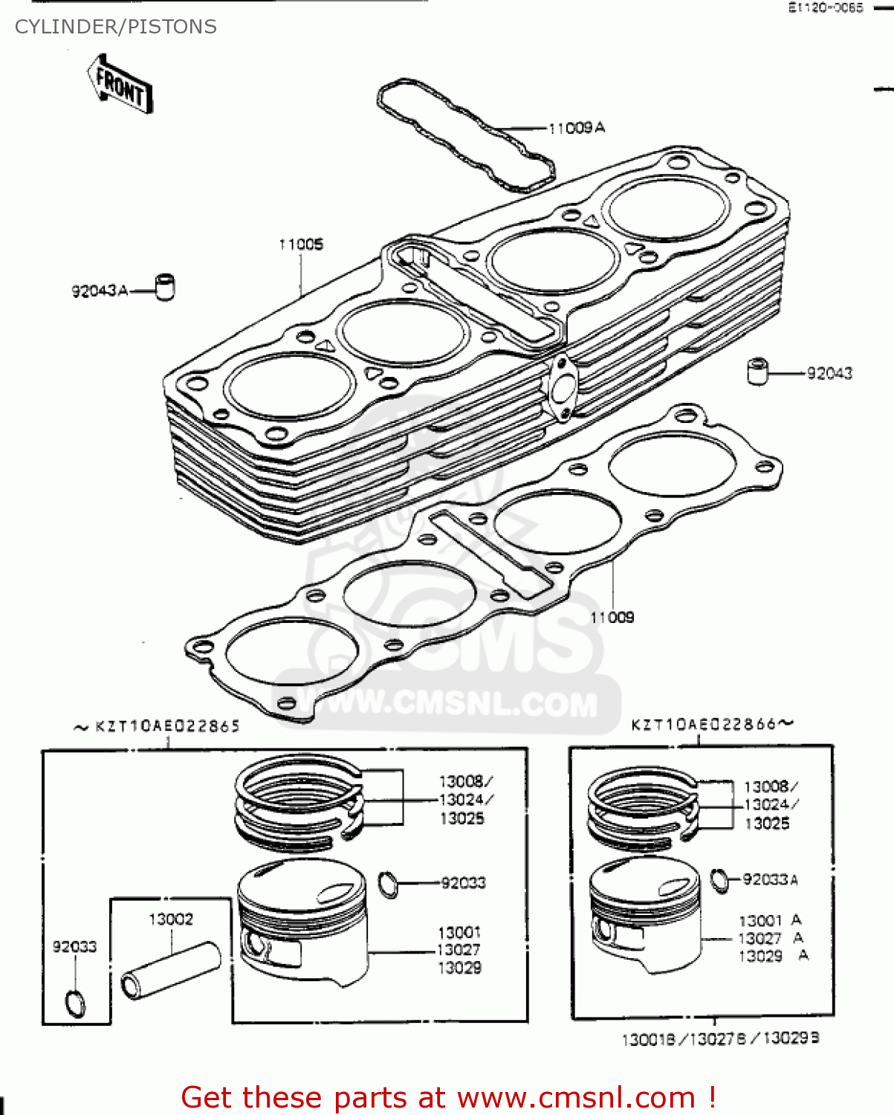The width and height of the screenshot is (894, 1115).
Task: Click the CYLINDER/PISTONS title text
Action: (x=116, y=27)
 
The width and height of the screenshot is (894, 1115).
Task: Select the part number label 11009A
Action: (x=576, y=128)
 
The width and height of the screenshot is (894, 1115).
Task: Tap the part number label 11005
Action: (x=301, y=245)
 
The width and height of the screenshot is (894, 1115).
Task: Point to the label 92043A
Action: (x=100, y=291)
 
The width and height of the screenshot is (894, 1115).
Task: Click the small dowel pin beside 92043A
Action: (x=165, y=286)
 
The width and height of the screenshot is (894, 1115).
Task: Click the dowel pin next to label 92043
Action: (x=757, y=371)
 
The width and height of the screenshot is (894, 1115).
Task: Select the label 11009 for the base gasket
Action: (x=612, y=617)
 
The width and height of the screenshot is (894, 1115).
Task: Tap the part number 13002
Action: (x=171, y=920)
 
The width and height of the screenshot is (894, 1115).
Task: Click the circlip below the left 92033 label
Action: (x=76, y=1003)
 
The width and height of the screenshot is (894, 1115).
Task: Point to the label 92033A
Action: (x=770, y=880)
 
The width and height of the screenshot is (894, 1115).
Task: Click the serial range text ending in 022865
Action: (x=158, y=726)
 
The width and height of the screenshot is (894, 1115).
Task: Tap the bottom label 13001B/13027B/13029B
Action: (x=720, y=1038)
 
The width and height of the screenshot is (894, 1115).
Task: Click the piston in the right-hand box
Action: (x=645, y=914)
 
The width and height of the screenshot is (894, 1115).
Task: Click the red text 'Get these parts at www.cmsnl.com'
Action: (x=448, y=1097)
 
